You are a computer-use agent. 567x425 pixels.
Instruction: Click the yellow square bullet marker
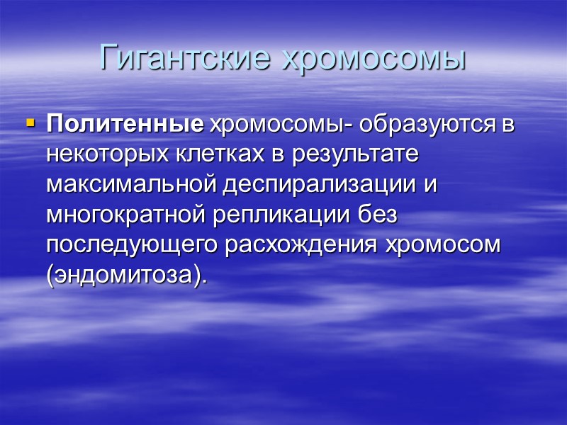tap(30, 123)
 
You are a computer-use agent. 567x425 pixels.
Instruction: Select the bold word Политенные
tap(125, 125)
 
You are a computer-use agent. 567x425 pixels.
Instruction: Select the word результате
tap(361, 154)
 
